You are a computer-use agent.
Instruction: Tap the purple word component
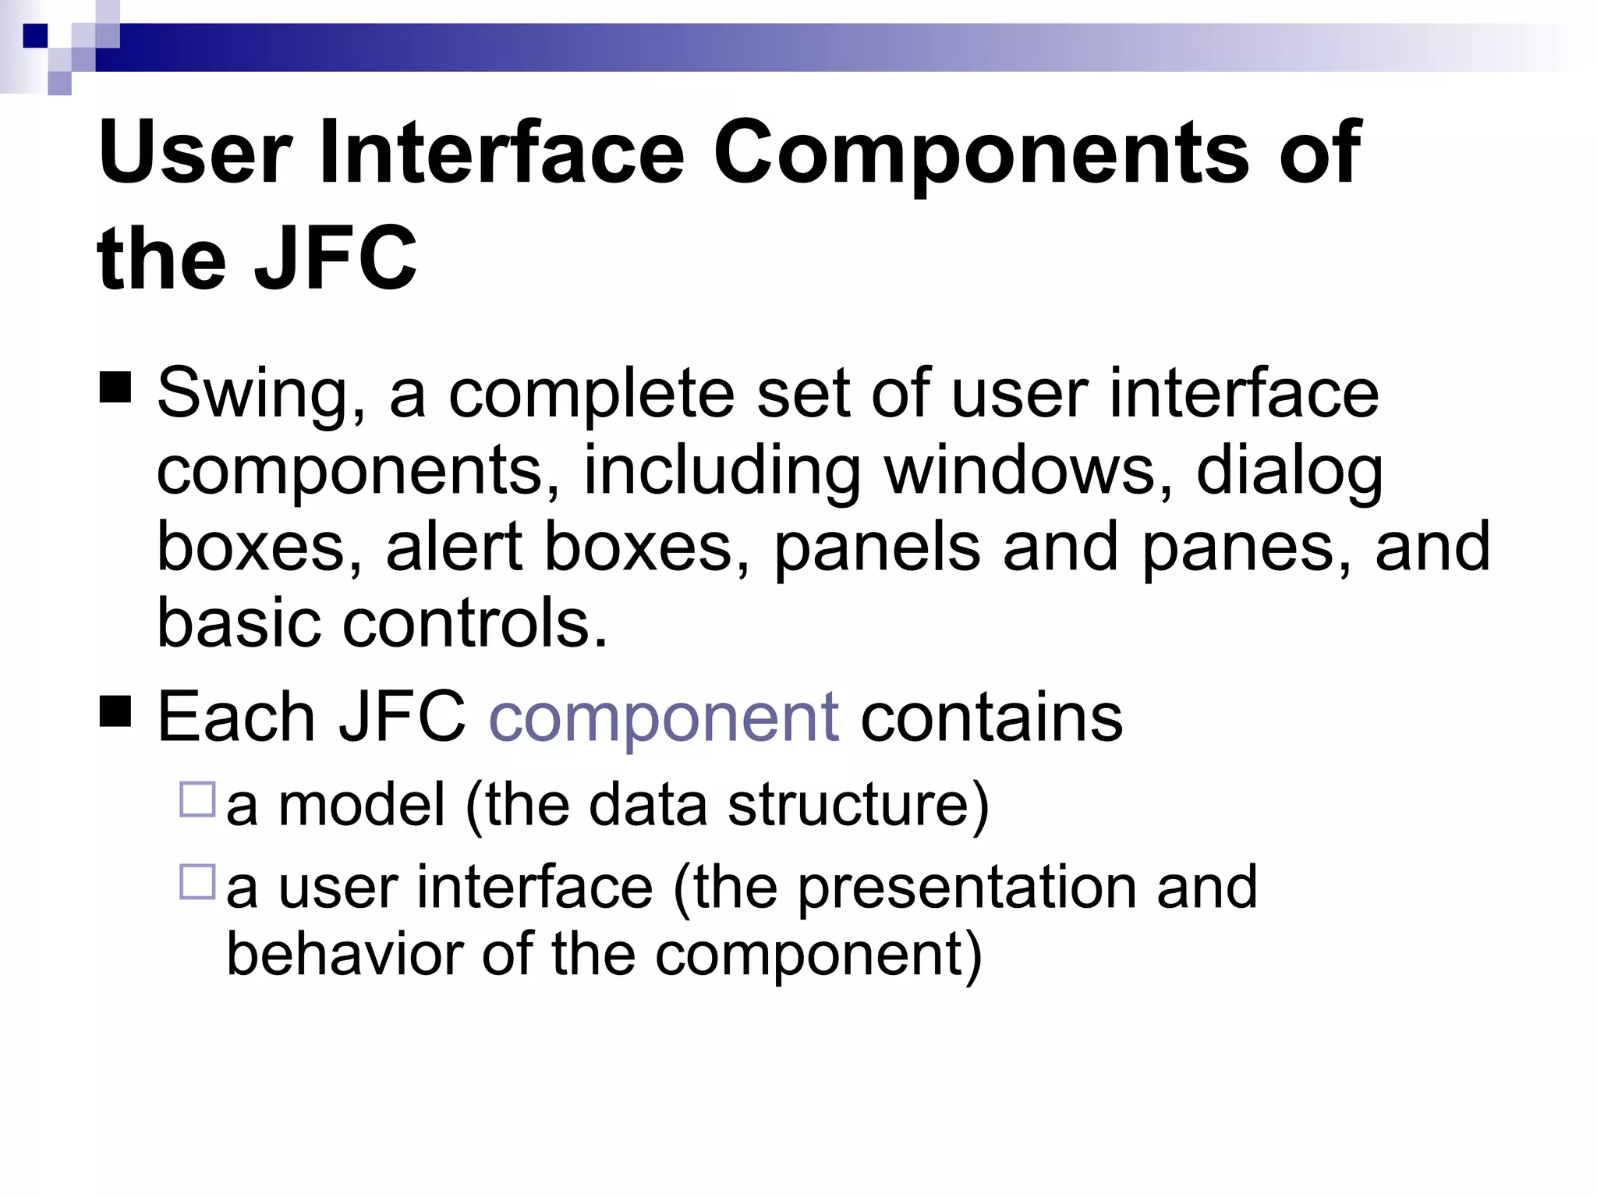coord(664,717)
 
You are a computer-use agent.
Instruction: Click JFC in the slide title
coord(335,258)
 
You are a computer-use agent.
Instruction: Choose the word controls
coord(475,623)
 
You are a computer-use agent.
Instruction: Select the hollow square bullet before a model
coord(197,799)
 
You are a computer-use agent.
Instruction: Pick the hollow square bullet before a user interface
coord(197,882)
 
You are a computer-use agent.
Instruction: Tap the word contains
coord(991,717)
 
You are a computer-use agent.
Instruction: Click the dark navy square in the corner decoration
coord(35,36)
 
